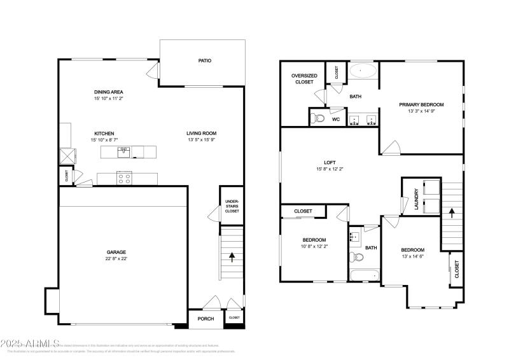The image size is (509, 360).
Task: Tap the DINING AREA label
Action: (x=108, y=92)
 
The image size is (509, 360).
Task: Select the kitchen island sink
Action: (x=124, y=151)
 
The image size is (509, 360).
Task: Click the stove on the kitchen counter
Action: (x=124, y=179)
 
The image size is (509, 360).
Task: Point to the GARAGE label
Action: (x=116, y=252)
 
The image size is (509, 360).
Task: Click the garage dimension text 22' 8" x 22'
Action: (x=116, y=258)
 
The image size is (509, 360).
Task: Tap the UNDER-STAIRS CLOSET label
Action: (x=232, y=206)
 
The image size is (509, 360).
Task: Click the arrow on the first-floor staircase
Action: (x=232, y=257)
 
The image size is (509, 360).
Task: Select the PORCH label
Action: (x=206, y=319)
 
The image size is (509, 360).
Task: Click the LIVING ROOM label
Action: (x=202, y=134)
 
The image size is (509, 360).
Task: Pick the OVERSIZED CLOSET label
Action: (x=304, y=79)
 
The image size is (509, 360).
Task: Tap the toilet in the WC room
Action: (x=319, y=118)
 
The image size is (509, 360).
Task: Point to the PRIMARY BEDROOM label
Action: (x=421, y=104)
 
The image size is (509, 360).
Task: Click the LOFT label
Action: (x=330, y=162)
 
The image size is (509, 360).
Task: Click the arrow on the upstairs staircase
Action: (x=452, y=211)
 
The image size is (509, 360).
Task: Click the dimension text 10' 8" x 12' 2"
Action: (x=314, y=246)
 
